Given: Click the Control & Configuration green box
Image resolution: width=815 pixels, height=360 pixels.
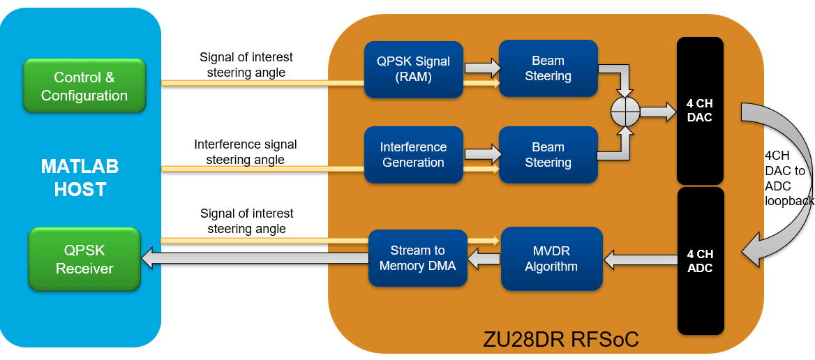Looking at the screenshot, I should pyautogui.click(x=84, y=86).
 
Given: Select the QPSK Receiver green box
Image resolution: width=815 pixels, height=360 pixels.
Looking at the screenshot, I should pyautogui.click(x=84, y=260).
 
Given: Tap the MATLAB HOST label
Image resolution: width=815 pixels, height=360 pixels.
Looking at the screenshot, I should pyautogui.click(x=80, y=178).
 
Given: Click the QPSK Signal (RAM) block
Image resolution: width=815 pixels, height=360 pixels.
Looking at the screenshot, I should pyautogui.click(x=414, y=69).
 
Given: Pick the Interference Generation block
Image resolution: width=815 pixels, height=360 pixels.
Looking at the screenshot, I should pyautogui.click(x=414, y=155).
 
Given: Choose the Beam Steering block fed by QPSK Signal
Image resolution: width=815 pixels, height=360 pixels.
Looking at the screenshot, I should pyautogui.click(x=548, y=69).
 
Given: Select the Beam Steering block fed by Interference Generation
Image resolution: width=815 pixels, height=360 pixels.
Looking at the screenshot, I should pyautogui.click(x=548, y=155).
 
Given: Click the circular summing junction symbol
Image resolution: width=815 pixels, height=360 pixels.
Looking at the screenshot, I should pyautogui.click(x=625, y=112).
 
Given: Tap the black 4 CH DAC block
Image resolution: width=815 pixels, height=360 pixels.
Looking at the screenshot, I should pyautogui.click(x=700, y=111).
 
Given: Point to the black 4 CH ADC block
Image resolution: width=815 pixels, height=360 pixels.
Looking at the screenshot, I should pyautogui.click(x=700, y=261).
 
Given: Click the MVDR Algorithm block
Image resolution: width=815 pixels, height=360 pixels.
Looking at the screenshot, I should pyautogui.click(x=551, y=258).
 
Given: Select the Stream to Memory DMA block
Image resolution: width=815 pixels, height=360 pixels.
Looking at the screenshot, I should pyautogui.click(x=417, y=258).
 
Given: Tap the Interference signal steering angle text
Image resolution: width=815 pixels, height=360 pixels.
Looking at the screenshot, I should pyautogui.click(x=246, y=152).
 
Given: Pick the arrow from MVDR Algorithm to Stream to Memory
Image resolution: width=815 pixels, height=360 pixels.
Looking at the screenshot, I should pyautogui.click(x=484, y=260).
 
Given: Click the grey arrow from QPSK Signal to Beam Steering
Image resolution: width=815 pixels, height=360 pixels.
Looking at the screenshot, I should pyautogui.click(x=482, y=68).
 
